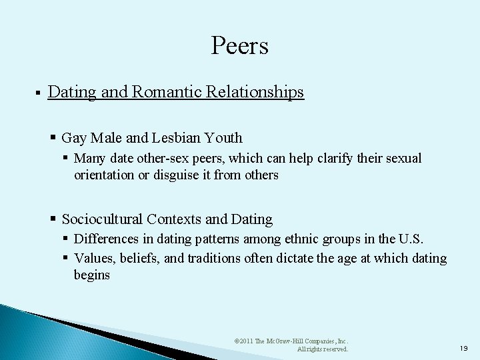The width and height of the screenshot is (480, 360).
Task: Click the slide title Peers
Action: [239, 46]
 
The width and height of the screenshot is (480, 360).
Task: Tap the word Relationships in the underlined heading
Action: [255, 92]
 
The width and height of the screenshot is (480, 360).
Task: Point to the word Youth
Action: [224, 138]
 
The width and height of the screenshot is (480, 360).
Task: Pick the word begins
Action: [92, 275]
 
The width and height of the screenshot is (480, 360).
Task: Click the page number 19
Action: [464, 347]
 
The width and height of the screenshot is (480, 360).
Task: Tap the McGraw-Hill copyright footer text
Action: [291, 344]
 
